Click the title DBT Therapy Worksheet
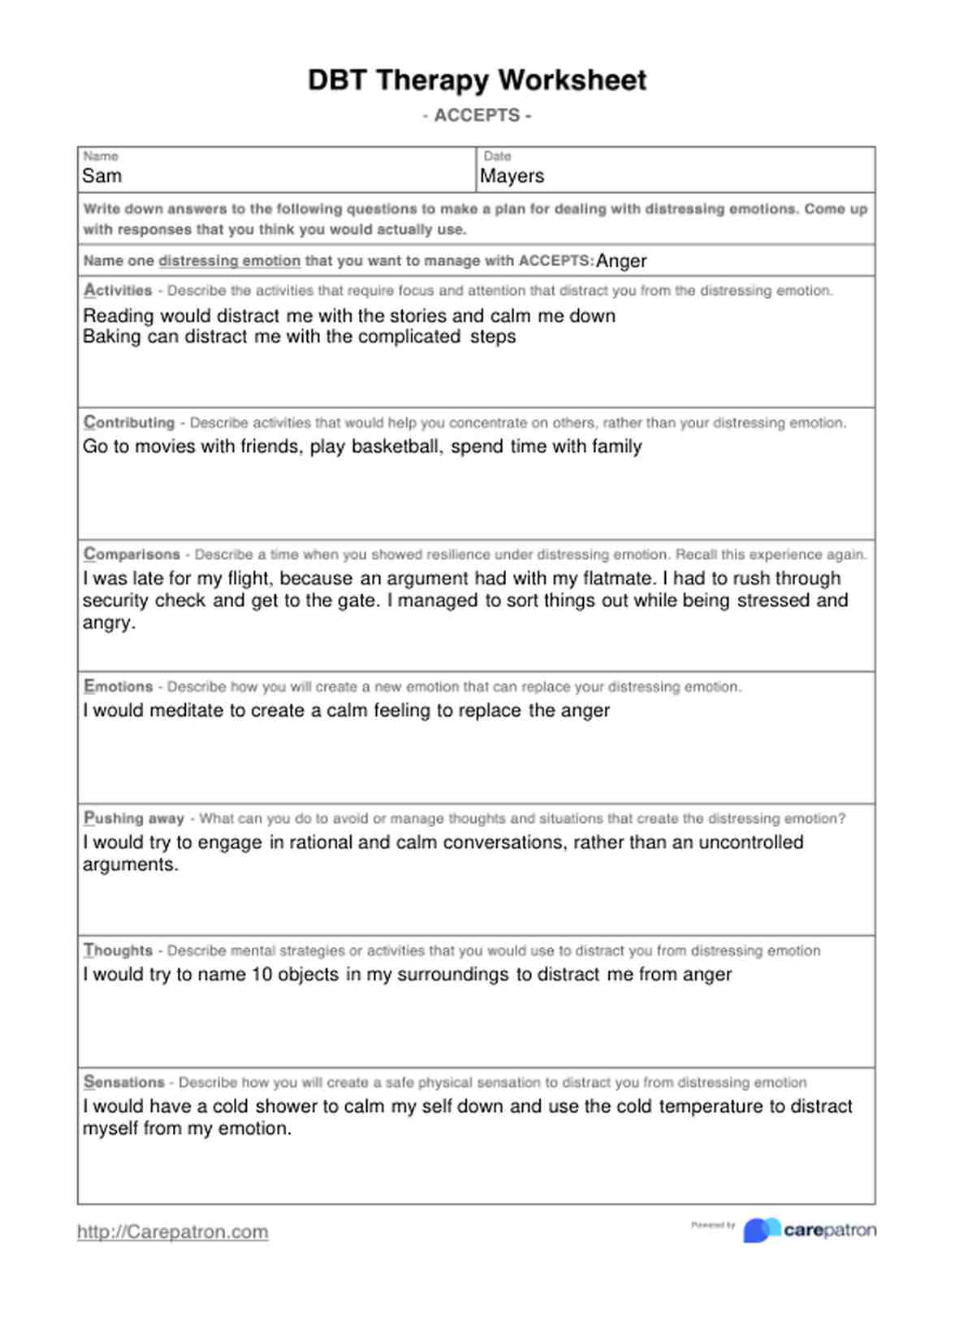[x=477, y=80]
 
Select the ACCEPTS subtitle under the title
[x=477, y=115]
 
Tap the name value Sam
[x=102, y=176]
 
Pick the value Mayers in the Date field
[x=512, y=176]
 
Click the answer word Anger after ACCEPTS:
[x=621, y=261]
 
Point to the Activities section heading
[x=118, y=291]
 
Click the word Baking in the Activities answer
[x=111, y=337]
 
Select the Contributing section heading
[x=129, y=423]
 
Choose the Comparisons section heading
[x=132, y=555]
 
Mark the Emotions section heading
[x=119, y=687]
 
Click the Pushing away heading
[x=134, y=819]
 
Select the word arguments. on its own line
[x=130, y=865]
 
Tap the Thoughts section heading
[x=119, y=950]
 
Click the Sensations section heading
[x=124, y=1083]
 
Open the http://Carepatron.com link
[x=173, y=1232]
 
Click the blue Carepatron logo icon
[x=761, y=1230]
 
